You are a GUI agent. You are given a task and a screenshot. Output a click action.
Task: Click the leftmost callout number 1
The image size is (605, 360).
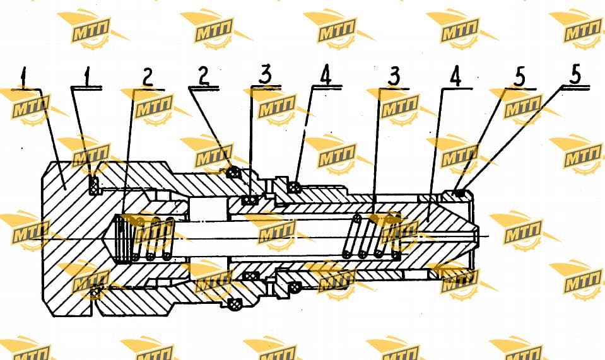[25, 77]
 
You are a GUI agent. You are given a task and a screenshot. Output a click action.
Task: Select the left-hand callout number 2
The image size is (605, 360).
[148, 78]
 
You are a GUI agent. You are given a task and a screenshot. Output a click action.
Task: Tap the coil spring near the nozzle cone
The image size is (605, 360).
[371, 236]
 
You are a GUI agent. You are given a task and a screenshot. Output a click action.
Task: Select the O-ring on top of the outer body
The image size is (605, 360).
[233, 172]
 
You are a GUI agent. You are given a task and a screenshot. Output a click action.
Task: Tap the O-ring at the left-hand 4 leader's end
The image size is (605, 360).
[295, 187]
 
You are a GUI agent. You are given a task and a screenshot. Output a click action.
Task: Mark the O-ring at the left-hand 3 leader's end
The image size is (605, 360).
[250, 200]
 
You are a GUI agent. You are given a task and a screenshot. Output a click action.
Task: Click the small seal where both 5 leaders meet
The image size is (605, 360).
[458, 193]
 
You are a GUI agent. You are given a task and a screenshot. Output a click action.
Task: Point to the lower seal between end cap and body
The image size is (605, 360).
[95, 293]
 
